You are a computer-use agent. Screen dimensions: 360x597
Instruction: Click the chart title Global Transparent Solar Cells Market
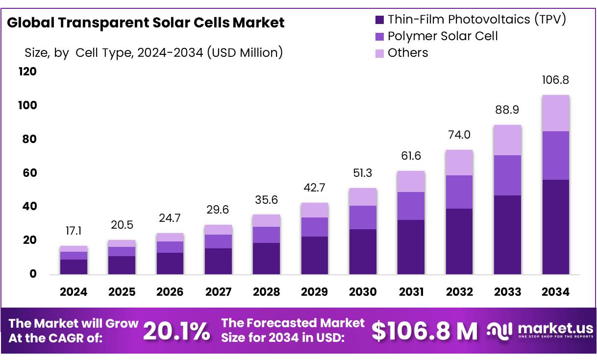(146, 23)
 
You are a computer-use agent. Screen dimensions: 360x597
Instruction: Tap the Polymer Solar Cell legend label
(442, 36)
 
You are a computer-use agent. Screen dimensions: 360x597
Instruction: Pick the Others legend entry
(407, 52)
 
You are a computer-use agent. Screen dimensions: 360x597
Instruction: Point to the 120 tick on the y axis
(28, 72)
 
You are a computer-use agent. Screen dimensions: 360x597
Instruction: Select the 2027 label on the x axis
(218, 292)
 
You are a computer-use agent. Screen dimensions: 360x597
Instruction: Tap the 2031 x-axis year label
(411, 292)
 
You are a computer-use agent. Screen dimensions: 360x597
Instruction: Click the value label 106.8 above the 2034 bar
(555, 80)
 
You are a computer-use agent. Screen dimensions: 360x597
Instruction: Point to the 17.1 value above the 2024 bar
(74, 230)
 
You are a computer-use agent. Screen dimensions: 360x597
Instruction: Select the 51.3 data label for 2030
(363, 172)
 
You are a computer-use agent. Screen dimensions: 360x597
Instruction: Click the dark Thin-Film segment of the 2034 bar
(555, 227)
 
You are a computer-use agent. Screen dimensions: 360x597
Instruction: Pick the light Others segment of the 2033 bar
(507, 140)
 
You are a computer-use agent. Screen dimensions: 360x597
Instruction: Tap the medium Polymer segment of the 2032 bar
(459, 192)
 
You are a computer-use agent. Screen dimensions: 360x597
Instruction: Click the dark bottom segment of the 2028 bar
(266, 258)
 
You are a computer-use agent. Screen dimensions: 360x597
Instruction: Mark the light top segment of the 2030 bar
(363, 197)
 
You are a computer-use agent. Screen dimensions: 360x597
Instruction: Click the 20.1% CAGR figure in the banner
(176, 332)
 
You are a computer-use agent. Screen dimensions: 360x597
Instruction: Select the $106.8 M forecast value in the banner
(424, 332)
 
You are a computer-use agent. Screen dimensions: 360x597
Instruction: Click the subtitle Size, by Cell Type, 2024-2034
(153, 52)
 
